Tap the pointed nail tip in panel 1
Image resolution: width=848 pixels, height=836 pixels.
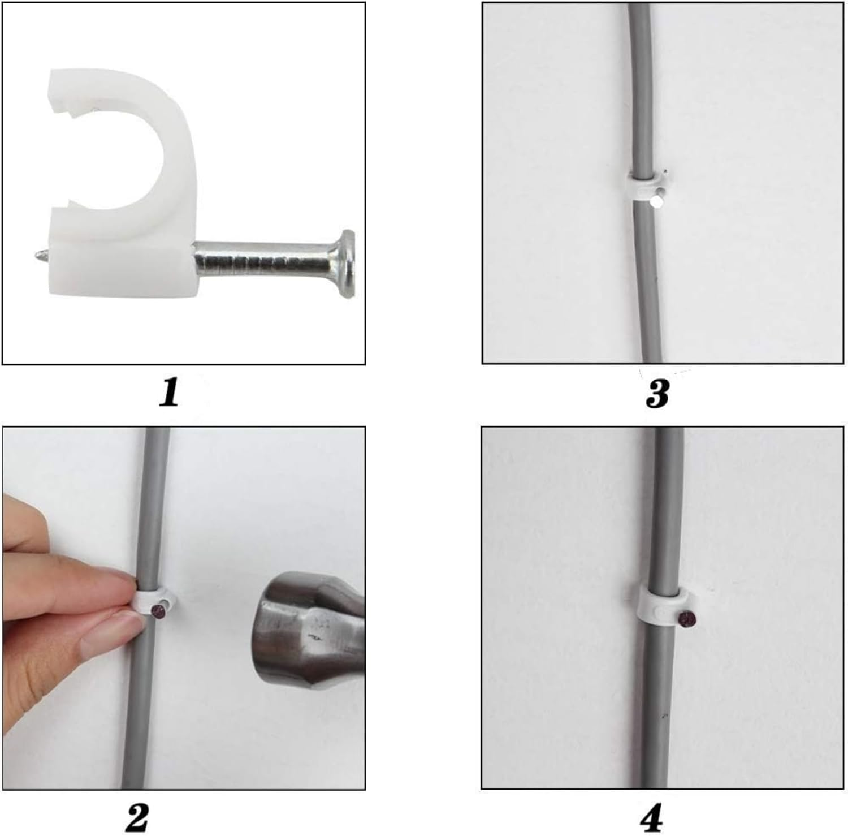tap(29, 257)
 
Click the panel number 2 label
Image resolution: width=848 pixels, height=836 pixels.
tap(137, 816)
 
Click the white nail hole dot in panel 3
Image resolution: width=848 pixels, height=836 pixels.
tap(656, 201)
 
